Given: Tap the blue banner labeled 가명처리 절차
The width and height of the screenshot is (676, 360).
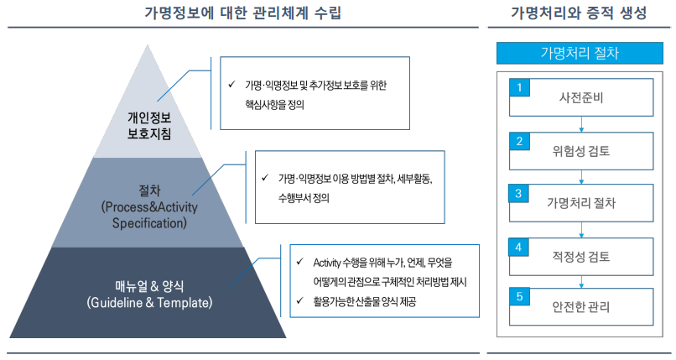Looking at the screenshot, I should [x=580, y=54].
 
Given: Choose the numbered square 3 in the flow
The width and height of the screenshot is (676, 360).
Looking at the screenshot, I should [x=520, y=193].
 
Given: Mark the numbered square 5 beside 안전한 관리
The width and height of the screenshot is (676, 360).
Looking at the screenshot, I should [x=520, y=297].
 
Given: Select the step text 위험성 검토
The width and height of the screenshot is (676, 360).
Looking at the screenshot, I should [x=581, y=151].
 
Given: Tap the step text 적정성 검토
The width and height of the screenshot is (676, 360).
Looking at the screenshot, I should [x=581, y=256].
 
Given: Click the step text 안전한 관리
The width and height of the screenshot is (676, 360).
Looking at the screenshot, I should [x=581, y=307].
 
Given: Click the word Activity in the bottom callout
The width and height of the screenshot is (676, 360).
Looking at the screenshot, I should [x=329, y=263].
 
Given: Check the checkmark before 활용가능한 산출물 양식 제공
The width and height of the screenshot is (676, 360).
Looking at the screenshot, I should [x=301, y=300].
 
